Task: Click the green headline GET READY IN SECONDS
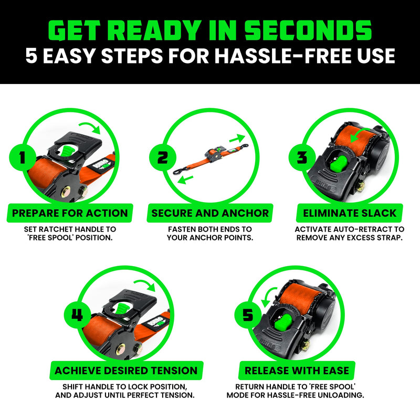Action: click(x=210, y=31)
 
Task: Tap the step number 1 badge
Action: click(x=22, y=156)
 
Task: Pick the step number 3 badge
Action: click(x=301, y=156)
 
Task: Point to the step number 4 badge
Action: click(x=77, y=316)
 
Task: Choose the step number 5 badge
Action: click(x=247, y=316)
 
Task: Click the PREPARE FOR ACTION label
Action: click(x=70, y=213)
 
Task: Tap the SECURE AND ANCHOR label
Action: click(x=210, y=213)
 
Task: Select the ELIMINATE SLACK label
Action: click(x=350, y=213)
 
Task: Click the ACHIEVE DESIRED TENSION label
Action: click(x=125, y=370)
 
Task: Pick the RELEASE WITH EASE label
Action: click(x=297, y=370)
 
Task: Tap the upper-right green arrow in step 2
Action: click(x=237, y=139)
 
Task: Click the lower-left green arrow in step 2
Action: click(x=183, y=180)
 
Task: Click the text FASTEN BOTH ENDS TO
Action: click(x=210, y=229)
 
